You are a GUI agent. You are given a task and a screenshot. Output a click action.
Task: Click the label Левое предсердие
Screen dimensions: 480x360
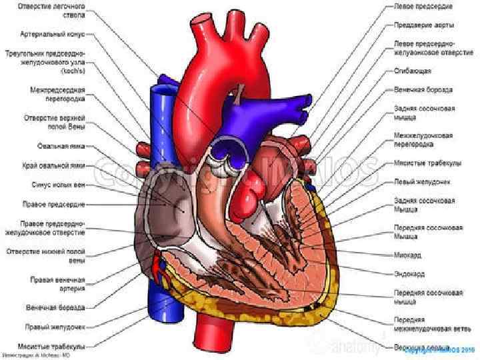click(x=423, y=7)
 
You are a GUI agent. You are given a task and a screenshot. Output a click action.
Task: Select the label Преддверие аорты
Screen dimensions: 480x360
click(x=423, y=25)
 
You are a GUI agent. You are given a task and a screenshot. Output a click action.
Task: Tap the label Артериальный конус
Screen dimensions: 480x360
click(x=57, y=33)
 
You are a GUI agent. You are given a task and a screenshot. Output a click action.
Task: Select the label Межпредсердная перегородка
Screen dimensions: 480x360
click(x=56, y=93)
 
